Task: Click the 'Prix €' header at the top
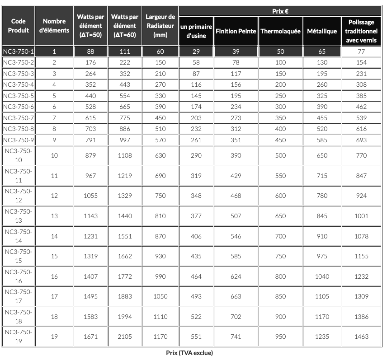pyautogui.click(x=280, y=11)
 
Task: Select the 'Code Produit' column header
pyautogui.click(x=18, y=26)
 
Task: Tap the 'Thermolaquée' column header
pyautogui.click(x=280, y=31)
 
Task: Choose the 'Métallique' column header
pyautogui.click(x=322, y=31)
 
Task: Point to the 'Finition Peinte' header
pyautogui.click(x=236, y=31)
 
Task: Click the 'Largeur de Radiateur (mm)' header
pyautogui.click(x=160, y=26)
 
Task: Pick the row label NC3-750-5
pyautogui.click(x=19, y=96)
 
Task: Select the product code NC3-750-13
pyautogui.click(x=19, y=216)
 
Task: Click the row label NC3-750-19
pyautogui.click(x=19, y=337)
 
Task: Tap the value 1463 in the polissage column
pyautogui.click(x=361, y=337)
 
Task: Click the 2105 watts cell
pyautogui.click(x=125, y=337)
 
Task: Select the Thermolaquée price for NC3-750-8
pyautogui.click(x=280, y=129)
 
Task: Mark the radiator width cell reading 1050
pyautogui.click(x=160, y=296)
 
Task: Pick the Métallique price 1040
pyautogui.click(x=322, y=276)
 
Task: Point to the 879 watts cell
pyautogui.click(x=90, y=156)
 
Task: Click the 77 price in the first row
pyautogui.click(x=361, y=51)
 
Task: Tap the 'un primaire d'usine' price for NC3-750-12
pyautogui.click(x=196, y=196)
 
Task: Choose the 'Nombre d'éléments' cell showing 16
pyautogui.click(x=54, y=276)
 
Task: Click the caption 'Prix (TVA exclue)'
pyautogui.click(x=189, y=353)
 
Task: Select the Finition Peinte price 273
pyautogui.click(x=236, y=118)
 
